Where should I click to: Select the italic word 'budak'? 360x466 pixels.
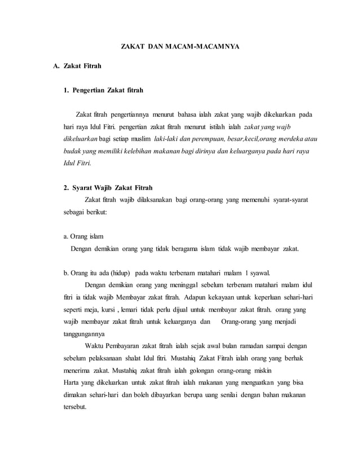click(72, 151)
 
